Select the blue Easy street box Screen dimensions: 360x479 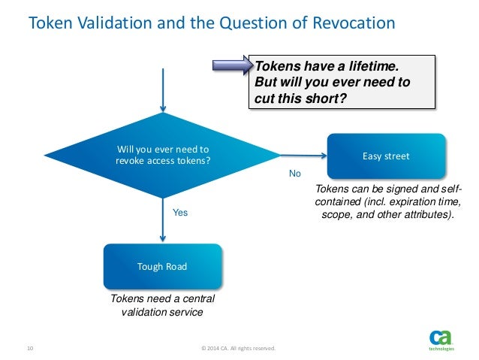tap(386, 156)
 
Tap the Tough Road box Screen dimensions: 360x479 tap(162, 266)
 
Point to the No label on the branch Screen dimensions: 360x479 tap(295, 173)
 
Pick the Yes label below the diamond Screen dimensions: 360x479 tap(180, 213)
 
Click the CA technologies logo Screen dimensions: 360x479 tap(440, 340)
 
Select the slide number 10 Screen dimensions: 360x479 tap(31, 348)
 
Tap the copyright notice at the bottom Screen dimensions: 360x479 tap(239, 348)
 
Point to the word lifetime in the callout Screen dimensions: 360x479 tap(356, 65)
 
